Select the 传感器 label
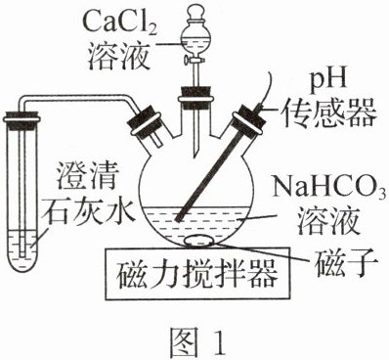[329, 113]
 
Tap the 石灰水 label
[90, 210]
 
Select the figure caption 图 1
[197, 339]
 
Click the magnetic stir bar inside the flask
[199, 241]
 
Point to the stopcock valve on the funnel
[194, 60]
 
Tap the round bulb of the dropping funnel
[195, 40]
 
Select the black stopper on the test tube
[22, 116]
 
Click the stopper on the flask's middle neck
[195, 97]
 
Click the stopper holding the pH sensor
[248, 118]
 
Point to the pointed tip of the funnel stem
[196, 155]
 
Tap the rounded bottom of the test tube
[22, 262]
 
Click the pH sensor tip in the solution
[178, 219]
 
